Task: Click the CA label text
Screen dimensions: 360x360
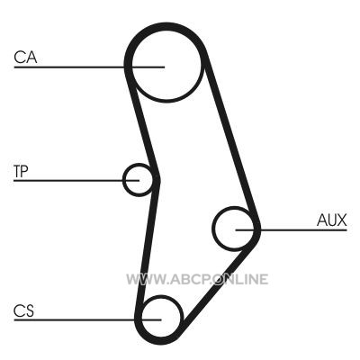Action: click(x=25, y=58)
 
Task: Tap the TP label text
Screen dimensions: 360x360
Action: click(x=21, y=171)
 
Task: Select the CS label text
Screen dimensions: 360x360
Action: click(x=23, y=310)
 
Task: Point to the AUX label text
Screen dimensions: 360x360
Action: click(x=331, y=220)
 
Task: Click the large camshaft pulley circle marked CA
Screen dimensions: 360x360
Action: click(x=166, y=99)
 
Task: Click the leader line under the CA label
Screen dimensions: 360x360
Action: click(x=89, y=67)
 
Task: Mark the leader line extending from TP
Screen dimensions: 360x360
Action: click(x=76, y=181)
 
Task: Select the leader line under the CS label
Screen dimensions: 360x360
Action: click(x=87, y=320)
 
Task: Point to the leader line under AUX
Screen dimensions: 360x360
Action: click(x=291, y=230)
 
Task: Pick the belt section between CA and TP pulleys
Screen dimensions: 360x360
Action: click(x=141, y=124)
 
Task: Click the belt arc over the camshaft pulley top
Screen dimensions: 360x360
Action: click(x=166, y=26)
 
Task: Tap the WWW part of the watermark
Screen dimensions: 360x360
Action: click(x=142, y=279)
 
